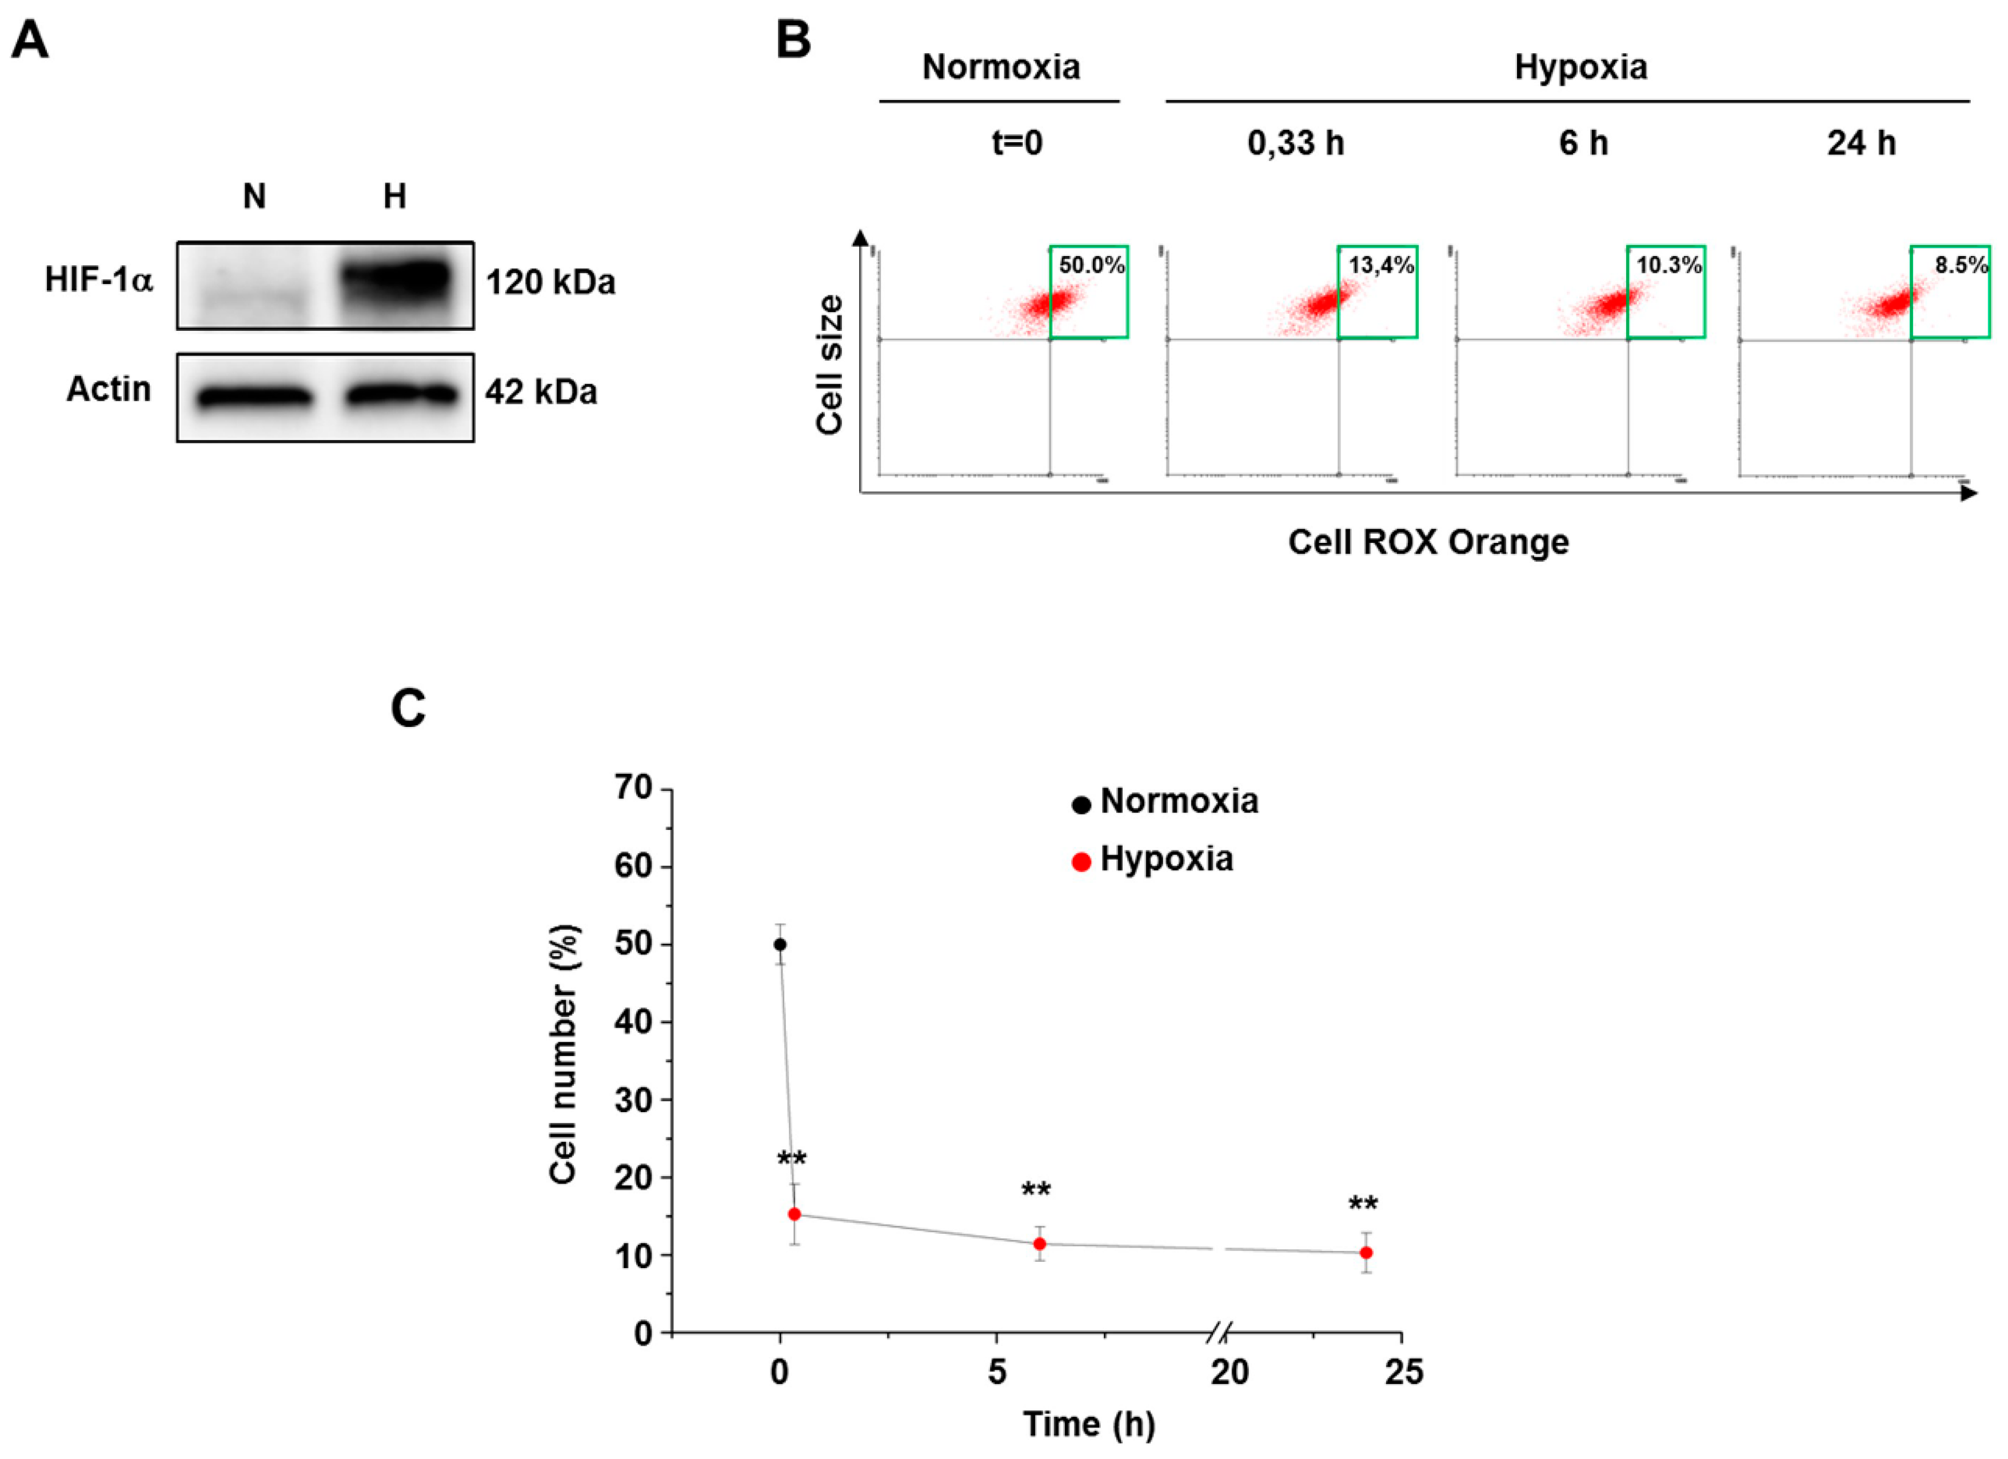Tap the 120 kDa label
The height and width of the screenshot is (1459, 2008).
(x=550, y=282)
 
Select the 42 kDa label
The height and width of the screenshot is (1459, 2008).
(x=540, y=391)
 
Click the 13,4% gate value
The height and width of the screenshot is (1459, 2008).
(x=1380, y=265)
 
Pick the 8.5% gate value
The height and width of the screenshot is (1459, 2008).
(x=1960, y=265)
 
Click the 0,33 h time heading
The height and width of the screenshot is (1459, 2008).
(x=1295, y=142)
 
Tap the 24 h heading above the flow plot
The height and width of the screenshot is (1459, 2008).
(x=1861, y=142)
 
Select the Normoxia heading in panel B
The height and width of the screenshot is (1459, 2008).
(x=1000, y=67)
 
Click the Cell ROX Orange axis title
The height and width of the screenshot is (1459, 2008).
(x=1427, y=542)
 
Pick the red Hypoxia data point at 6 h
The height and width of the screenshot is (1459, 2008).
(x=1039, y=1244)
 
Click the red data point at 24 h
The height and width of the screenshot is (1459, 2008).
(x=1366, y=1253)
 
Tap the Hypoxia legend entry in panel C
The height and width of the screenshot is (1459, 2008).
(x=1153, y=860)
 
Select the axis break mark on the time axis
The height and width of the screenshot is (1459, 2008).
(x=1219, y=1332)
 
